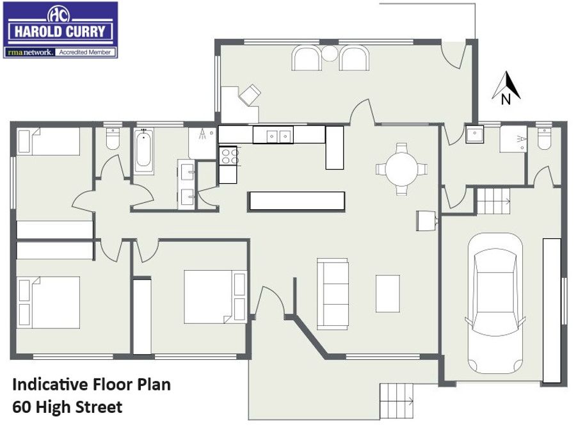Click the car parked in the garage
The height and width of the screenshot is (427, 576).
(495, 303)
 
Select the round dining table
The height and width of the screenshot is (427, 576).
(401, 169)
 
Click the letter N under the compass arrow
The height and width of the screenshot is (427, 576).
(506, 99)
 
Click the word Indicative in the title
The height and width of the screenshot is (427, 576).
(50, 384)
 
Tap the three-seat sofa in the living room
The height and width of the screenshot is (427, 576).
(333, 294)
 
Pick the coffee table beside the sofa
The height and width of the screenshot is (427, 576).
(388, 294)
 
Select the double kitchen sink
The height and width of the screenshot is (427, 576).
(279, 136)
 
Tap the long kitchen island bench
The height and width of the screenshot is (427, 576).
(296, 202)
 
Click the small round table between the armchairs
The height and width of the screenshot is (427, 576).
(330, 53)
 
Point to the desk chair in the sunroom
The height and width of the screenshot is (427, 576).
(250, 95)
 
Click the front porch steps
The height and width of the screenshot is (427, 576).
(397, 401)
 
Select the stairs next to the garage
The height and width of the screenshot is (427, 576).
(493, 200)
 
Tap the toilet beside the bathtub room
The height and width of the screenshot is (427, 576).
(113, 138)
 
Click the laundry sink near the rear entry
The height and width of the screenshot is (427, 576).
(475, 134)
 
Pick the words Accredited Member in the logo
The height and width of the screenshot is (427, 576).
(85, 52)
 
